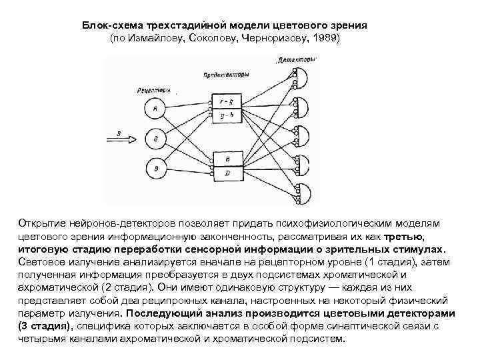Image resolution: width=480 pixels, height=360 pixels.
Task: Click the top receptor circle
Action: [155, 107]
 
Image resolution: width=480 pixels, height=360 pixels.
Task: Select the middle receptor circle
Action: [155, 138]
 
